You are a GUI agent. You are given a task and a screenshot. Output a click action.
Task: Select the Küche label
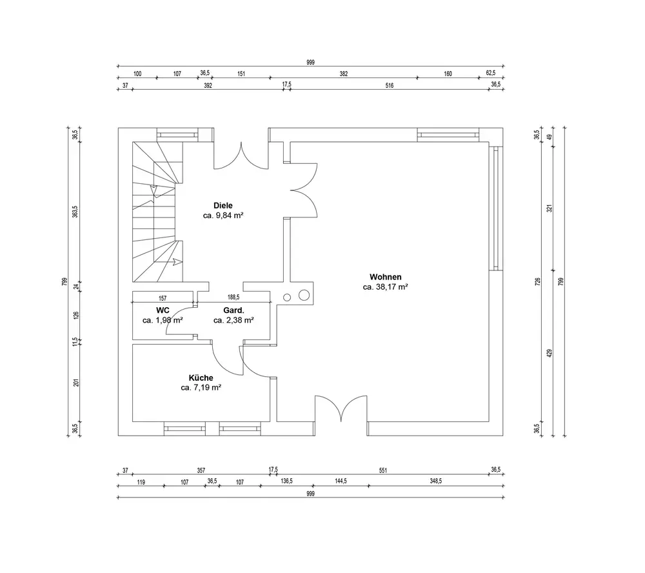201,377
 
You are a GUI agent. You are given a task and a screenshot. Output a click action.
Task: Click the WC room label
163,310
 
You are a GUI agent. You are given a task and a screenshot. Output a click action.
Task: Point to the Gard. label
233,310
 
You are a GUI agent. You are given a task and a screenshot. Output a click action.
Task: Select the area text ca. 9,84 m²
223,216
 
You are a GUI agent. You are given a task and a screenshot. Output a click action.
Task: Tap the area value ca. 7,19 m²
201,388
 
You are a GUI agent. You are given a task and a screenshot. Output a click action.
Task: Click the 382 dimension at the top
344,74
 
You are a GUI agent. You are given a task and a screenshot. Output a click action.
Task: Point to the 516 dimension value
389,85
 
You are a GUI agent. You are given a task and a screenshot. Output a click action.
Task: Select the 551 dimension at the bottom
382,470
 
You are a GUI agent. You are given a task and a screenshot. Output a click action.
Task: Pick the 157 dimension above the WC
163,298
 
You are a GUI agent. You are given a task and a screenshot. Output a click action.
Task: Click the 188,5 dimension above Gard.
233,298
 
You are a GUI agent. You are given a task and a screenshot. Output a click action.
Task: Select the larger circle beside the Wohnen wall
304,296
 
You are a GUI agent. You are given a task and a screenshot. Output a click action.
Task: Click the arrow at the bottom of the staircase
175,262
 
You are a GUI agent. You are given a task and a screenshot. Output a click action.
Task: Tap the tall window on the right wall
496,208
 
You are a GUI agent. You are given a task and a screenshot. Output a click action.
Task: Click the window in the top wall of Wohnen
448,135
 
